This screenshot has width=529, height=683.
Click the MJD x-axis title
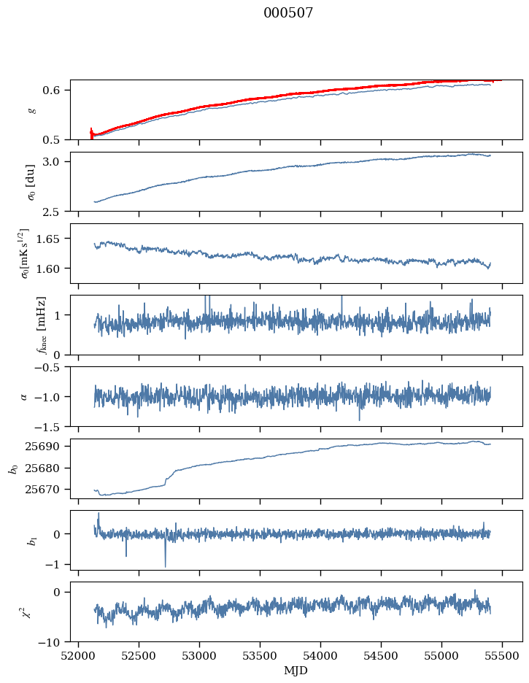pos(296,671)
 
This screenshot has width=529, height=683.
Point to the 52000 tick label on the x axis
pos(80,655)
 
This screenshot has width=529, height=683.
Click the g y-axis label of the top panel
pos(31,109)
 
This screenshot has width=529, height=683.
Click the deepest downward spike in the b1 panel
pos(165,566)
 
